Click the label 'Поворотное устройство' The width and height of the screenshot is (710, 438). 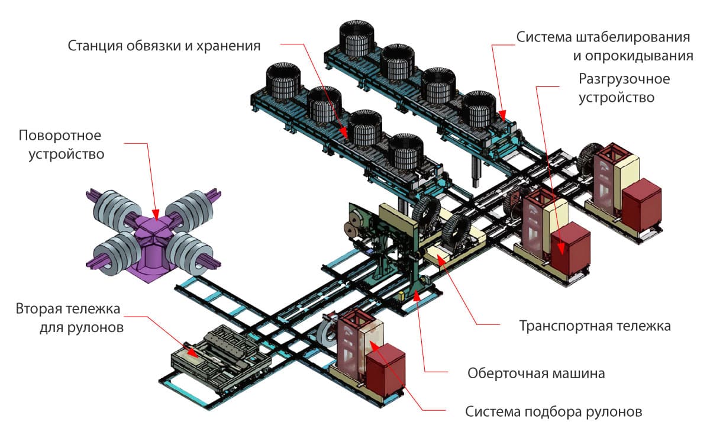[x=60, y=145]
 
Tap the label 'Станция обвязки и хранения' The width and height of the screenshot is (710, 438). [x=164, y=46]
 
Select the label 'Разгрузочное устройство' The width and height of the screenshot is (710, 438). [x=617, y=88]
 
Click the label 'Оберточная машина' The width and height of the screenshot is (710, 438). [x=536, y=373]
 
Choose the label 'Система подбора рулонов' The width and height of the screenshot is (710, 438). [x=553, y=411]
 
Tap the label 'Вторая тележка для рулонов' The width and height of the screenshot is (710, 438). [x=69, y=318]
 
